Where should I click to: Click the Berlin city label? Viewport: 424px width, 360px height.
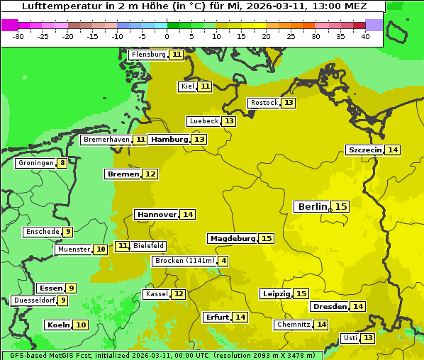312,206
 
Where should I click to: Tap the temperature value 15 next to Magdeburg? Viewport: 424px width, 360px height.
267,239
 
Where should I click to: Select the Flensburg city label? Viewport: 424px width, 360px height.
148,55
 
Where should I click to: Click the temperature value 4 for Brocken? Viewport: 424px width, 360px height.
224,261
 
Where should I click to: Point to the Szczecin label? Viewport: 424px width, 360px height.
364,150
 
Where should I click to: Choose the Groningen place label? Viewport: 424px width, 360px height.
36,163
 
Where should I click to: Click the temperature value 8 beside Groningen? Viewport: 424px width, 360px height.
62,163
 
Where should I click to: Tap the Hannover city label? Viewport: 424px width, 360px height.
157,214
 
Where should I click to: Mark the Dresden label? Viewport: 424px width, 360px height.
329,307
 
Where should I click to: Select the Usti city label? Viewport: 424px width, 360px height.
350,338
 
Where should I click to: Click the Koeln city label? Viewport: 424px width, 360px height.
58,325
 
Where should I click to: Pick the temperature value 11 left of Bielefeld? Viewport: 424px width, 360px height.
123,246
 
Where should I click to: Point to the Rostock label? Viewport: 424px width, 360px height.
264,103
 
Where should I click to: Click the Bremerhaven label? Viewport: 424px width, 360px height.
106,140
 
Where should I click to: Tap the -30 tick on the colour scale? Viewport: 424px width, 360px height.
18,35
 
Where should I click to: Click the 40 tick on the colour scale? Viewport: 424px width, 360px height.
364,35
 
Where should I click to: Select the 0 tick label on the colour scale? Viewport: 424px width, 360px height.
167,35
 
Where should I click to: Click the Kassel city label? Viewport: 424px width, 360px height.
155,294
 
